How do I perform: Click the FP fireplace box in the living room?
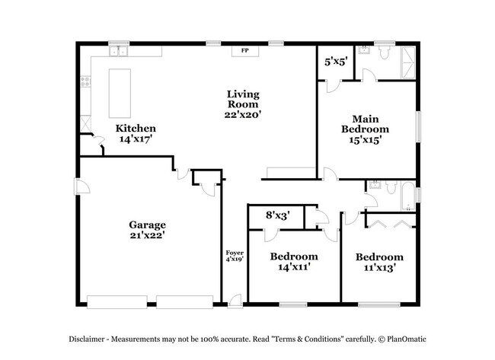tap(244, 50)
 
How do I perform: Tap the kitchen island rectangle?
tap(119, 88)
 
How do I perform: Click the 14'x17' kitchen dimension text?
tap(136, 140)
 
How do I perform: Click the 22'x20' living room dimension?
tap(243, 114)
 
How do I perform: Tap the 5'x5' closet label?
tap(336, 62)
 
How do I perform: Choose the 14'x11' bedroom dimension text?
tap(293, 267)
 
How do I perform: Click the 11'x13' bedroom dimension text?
tap(379, 268)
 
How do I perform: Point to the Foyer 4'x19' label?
tap(233, 256)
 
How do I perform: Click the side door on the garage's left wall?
tap(78, 186)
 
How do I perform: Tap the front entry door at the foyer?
tap(235, 300)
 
